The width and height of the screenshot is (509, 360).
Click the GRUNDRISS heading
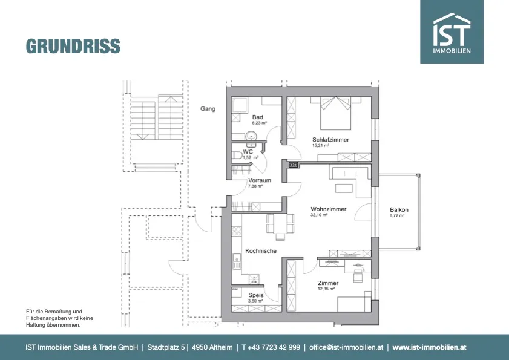pos(73,46)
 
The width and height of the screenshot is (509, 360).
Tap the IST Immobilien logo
pos(452,31)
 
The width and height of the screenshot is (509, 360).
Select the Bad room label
pos(257,117)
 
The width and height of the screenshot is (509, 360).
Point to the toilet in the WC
pos(237,155)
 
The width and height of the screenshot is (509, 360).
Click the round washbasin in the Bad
pos(251,136)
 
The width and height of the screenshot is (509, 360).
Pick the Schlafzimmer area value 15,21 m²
pos(320,146)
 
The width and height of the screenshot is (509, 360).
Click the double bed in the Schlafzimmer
pos(336,113)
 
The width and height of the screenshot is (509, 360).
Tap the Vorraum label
pos(260,180)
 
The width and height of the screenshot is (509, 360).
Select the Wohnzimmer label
pos(329,209)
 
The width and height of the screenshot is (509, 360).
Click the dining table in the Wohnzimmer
pos(280,224)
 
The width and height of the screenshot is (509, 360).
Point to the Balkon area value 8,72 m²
pos(396,215)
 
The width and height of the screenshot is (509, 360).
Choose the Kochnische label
pos(261,251)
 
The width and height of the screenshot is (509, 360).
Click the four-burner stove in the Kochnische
pos(237,231)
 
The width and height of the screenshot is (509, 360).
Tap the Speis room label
pos(256,295)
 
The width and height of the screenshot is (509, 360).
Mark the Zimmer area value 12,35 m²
pos(326,289)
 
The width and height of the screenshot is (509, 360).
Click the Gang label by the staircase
pos(208,109)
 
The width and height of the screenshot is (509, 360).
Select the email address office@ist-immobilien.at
pos(346,347)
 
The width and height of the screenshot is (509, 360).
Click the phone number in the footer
pos(271,347)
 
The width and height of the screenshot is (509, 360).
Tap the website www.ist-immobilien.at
pos(430,347)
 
